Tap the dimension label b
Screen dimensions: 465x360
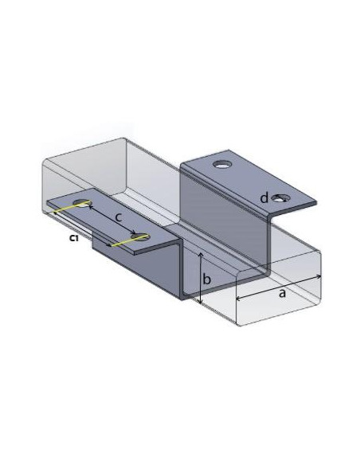point(205,279)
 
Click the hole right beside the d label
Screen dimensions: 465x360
point(280,197)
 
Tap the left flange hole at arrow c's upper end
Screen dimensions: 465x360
point(82,203)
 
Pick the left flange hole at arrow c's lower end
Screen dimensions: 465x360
point(142,236)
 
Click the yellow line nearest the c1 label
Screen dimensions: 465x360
point(65,210)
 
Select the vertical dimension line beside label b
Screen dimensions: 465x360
point(199,279)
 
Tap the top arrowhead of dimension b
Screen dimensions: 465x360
point(199,254)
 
